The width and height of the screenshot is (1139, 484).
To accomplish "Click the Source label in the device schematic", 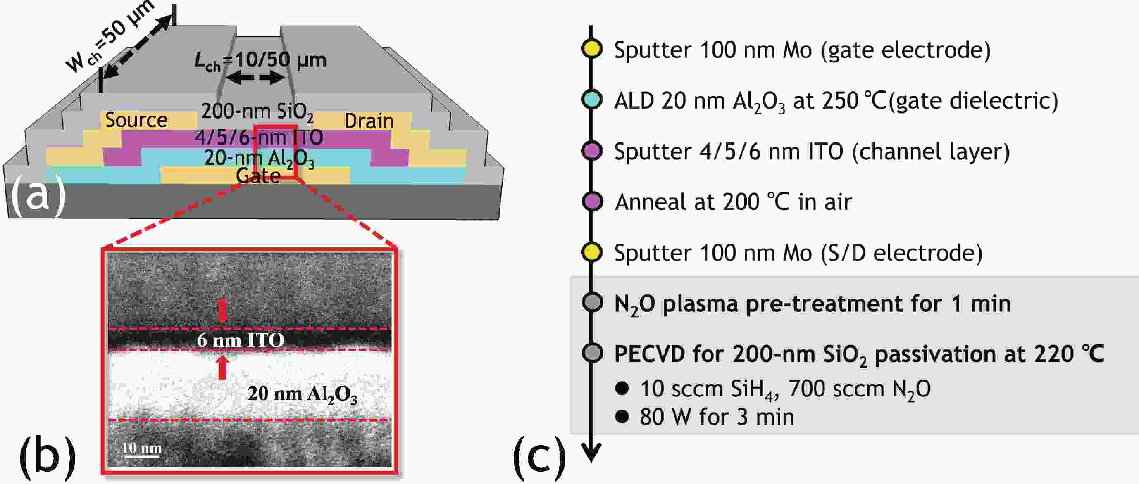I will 136,120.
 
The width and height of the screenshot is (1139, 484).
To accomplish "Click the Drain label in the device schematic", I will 369,121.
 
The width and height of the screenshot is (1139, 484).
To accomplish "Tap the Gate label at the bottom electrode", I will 258,176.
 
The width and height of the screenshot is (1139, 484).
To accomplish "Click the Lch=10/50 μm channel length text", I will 260,61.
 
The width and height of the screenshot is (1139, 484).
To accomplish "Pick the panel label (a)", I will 38,196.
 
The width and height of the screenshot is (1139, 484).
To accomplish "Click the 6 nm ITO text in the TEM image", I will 240,340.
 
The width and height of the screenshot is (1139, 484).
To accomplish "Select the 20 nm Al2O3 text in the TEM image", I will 302,394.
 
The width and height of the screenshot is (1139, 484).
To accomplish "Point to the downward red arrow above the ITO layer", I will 222,310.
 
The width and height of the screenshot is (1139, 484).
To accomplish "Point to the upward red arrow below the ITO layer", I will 222,367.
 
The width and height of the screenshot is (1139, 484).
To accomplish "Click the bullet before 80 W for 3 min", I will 622,416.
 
